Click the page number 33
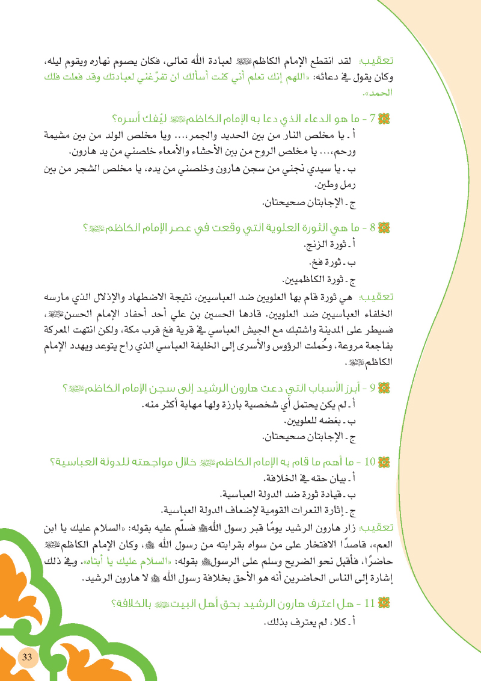pyautogui.click(x=26, y=656)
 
